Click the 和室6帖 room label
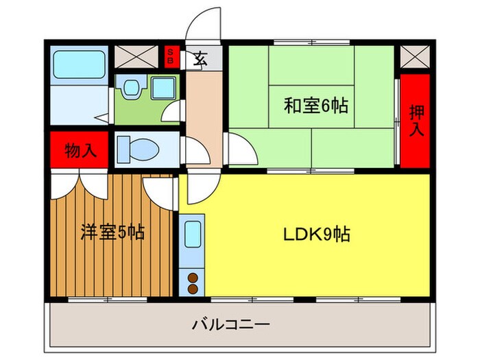pos(316,106)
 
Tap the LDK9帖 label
pos(317,235)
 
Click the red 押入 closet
pos(415,120)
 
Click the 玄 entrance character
pos(200,58)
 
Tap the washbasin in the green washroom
pos(130,87)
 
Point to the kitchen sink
pos(192,237)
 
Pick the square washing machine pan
pos(163,87)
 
